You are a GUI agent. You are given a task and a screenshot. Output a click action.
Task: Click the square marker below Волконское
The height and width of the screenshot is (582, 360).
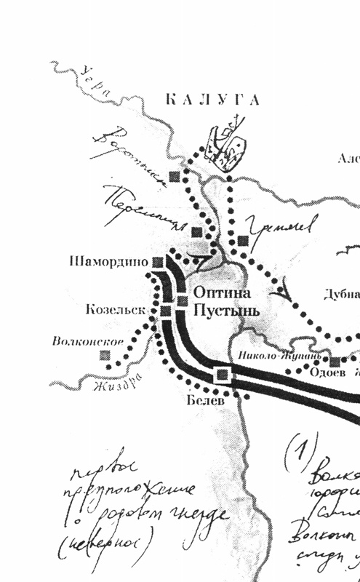(x=105, y=355)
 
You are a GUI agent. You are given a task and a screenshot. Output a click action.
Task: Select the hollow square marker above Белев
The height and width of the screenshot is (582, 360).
(x=222, y=375)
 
